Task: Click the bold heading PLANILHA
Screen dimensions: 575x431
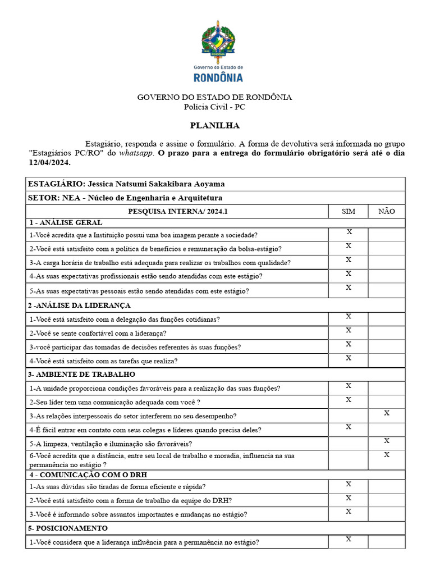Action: point(214,125)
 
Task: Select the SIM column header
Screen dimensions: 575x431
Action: point(348,212)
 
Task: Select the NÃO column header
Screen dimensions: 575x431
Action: point(386,212)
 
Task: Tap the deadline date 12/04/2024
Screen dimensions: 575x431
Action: point(49,163)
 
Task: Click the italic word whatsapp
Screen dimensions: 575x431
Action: point(135,153)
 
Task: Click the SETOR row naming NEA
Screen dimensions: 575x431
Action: point(125,198)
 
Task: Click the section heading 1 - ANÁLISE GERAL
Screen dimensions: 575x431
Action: point(65,222)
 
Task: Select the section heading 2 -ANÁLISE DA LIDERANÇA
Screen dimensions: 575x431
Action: point(79,305)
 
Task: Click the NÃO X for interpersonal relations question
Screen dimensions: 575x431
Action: point(386,413)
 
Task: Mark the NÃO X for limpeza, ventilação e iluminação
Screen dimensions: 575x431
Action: point(386,441)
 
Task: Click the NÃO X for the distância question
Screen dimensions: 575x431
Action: point(386,455)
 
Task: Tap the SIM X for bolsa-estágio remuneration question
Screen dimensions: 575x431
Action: point(348,246)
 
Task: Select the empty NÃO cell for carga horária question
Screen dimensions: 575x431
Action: point(386,262)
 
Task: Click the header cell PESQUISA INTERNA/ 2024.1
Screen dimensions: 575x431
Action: point(178,212)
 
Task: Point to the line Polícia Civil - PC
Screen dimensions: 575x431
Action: point(214,107)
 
